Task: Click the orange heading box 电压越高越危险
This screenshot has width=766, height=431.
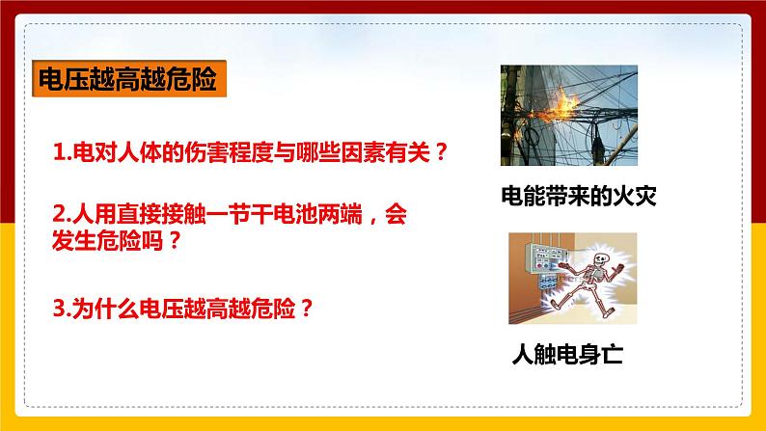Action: coord(129,78)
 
